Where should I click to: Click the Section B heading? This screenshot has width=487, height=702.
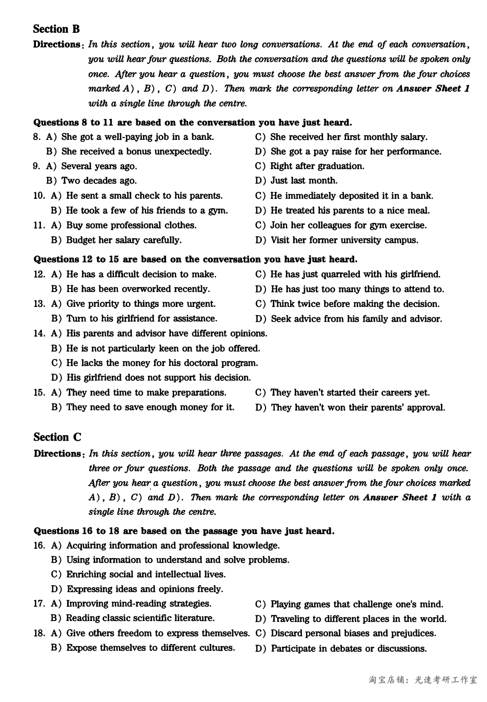pos(56,29)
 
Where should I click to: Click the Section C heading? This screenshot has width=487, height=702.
pos(57,437)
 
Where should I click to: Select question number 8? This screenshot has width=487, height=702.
pos(36,137)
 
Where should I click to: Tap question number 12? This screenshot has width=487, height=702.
pos(39,274)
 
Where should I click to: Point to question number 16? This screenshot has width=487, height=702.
pos(39,545)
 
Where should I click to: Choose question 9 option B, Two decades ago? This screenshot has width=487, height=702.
pos(91,181)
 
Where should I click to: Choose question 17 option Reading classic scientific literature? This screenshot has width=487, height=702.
pos(133,618)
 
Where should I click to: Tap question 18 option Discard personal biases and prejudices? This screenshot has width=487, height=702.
pos(346,633)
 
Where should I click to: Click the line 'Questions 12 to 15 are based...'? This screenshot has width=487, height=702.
pos(195,259)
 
